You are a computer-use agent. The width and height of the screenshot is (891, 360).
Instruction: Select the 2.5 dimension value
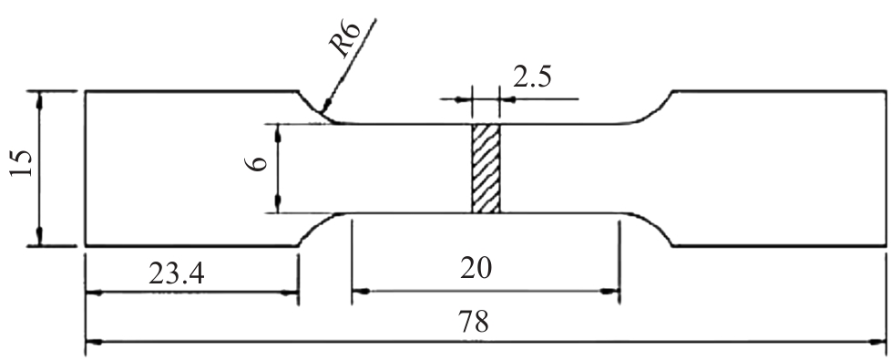tap(532, 77)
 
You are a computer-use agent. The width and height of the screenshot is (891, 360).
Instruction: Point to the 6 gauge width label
tap(258, 163)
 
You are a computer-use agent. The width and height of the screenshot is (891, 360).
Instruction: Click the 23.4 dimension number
tap(176, 274)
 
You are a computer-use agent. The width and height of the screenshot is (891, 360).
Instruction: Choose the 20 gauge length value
tap(476, 268)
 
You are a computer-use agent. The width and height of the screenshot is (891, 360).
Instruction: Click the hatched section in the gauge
tap(486, 169)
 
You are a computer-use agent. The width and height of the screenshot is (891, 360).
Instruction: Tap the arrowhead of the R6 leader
tap(325, 105)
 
